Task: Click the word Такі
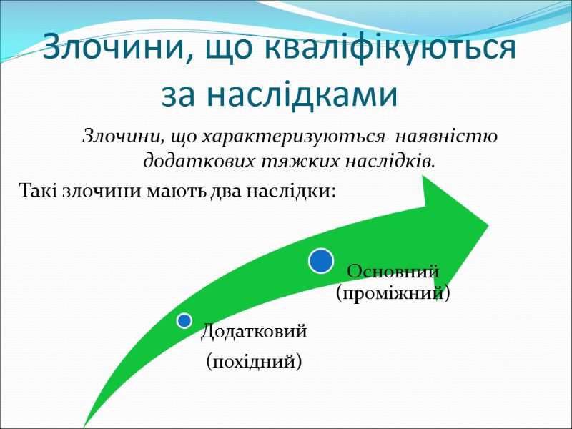[34, 192]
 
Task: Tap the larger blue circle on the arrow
[321, 260]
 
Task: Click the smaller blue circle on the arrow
[184, 320]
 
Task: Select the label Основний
[392, 272]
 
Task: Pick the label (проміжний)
[393, 293]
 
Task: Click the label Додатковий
[254, 331]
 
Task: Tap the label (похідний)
[254, 361]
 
